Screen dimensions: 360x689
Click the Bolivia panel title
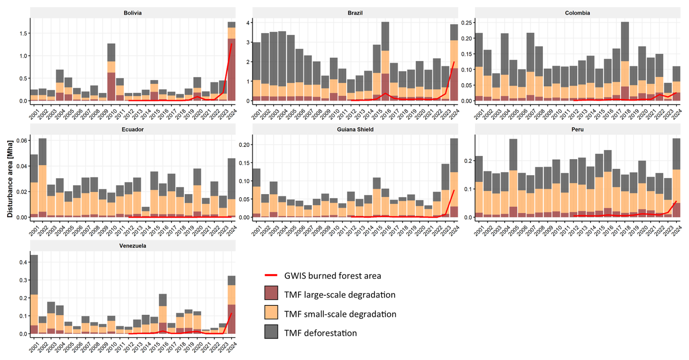(x=133, y=13)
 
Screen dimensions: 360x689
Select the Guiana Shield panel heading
(x=355, y=129)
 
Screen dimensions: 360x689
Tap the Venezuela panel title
(x=133, y=246)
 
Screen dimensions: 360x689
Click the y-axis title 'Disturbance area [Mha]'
(x=10, y=179)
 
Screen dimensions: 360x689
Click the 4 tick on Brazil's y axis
(x=248, y=23)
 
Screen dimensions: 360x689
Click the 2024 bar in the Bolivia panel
(x=232, y=62)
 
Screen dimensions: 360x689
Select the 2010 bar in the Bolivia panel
(x=111, y=73)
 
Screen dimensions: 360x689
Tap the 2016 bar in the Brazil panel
(x=385, y=62)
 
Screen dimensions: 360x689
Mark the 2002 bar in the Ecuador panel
(x=43, y=178)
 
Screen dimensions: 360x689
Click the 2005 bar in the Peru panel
(x=513, y=178)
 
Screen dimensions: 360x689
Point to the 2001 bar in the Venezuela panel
(x=34, y=295)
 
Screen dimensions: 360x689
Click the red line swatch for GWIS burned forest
(x=271, y=276)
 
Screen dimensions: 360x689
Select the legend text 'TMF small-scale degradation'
(x=340, y=314)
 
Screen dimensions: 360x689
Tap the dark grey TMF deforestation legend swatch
(x=271, y=332)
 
